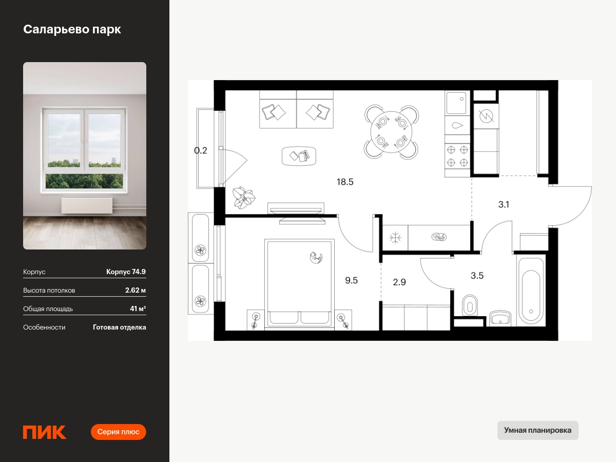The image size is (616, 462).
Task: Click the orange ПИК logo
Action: (x=45, y=432)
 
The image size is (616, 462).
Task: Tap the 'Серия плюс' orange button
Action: (x=118, y=432)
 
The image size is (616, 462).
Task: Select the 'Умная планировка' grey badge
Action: (x=537, y=430)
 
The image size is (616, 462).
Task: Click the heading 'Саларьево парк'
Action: (x=72, y=29)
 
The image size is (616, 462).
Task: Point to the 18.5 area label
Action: (x=345, y=182)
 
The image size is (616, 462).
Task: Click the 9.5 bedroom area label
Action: (x=351, y=280)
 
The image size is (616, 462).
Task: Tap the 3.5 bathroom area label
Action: (x=477, y=276)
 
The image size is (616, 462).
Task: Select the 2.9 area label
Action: (x=399, y=282)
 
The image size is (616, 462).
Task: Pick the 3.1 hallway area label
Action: (x=504, y=204)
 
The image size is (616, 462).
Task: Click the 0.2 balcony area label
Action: (x=200, y=150)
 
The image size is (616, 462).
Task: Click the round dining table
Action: (x=391, y=132)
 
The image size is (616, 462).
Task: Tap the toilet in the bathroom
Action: (x=470, y=305)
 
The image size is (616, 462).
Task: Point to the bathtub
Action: (x=531, y=292)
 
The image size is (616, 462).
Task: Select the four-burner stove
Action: (x=457, y=156)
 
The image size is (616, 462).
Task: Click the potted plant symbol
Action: (x=244, y=198)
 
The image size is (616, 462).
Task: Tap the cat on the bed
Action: (x=316, y=258)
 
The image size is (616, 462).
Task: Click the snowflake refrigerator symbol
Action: (x=395, y=238)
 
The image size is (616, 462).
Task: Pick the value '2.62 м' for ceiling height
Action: (x=136, y=290)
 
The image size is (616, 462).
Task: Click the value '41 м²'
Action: (x=138, y=309)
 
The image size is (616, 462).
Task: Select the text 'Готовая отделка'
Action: (x=120, y=327)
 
